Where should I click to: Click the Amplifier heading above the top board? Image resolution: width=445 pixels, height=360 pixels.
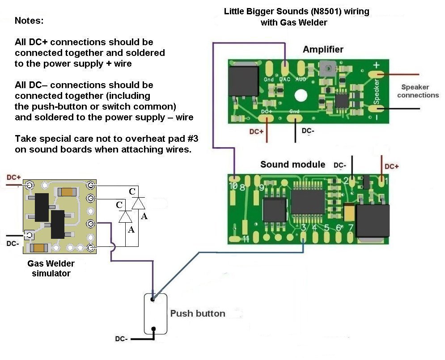(x=323, y=49)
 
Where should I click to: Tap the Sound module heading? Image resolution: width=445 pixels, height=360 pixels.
(x=293, y=164)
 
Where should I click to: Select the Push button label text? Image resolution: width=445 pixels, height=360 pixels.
(x=197, y=313)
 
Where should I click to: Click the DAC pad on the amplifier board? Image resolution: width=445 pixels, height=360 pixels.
(x=284, y=69)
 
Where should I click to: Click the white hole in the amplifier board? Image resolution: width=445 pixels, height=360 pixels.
(x=300, y=96)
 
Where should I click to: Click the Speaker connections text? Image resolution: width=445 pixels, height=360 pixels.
(x=418, y=91)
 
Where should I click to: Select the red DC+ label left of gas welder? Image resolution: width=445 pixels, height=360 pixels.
(x=13, y=178)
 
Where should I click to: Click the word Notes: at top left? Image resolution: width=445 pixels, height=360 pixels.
(x=29, y=21)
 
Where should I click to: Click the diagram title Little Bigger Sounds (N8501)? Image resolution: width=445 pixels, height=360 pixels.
(x=297, y=12)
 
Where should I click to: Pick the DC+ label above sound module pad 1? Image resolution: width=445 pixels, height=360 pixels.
(x=391, y=166)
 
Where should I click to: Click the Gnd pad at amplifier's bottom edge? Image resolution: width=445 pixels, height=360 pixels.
(x=295, y=118)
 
